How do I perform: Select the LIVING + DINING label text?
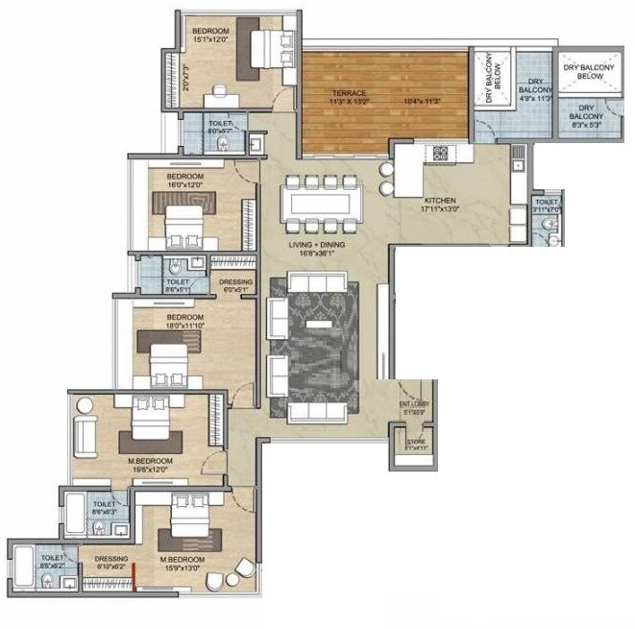317,245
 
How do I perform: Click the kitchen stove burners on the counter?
440,152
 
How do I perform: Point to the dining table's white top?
319,204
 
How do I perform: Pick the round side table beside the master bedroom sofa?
85,403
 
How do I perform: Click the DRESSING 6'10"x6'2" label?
111,564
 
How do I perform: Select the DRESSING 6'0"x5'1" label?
235,284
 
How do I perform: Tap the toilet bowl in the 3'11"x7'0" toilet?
548,225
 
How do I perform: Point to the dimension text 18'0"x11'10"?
184,326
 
